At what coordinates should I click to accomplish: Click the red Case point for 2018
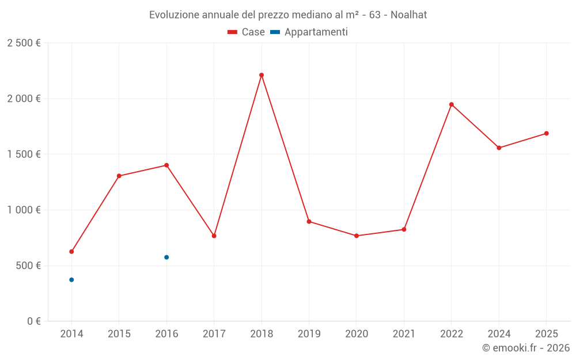(262, 75)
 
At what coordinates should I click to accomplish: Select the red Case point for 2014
(71, 252)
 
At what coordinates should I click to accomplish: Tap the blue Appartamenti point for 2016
(166, 257)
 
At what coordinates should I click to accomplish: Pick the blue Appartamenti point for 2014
(71, 280)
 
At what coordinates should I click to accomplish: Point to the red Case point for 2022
(452, 104)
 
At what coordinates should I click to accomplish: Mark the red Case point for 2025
(547, 134)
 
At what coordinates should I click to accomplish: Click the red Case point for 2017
(214, 236)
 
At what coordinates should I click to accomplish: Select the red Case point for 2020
(357, 236)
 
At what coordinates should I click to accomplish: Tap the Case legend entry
(246, 32)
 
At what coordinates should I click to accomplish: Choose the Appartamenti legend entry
(309, 32)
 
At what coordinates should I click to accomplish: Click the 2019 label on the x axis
(309, 334)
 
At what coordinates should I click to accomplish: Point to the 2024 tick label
(499, 334)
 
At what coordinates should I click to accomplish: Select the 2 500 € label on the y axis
(24, 43)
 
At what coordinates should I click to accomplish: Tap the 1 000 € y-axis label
(24, 210)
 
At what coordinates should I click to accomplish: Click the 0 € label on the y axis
(33, 321)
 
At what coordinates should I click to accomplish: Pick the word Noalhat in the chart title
(408, 15)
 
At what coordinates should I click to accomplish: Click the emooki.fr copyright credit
(526, 348)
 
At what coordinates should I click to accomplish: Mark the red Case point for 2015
(119, 176)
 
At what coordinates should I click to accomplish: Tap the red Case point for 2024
(499, 148)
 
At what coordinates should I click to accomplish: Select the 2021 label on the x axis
(404, 334)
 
